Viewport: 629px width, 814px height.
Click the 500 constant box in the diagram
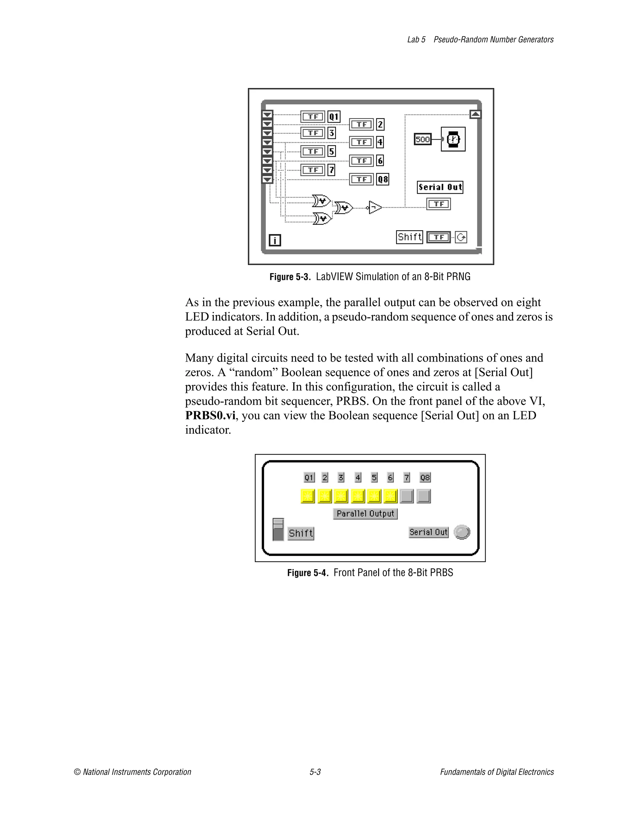pyautogui.click(x=422, y=139)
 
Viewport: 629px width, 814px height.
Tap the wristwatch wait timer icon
pyautogui.click(x=453, y=139)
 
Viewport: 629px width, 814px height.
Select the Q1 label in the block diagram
pyautogui.click(x=334, y=117)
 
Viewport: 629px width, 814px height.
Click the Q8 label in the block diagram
pyautogui.click(x=382, y=179)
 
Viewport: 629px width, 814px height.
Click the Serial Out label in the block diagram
pyautogui.click(x=440, y=187)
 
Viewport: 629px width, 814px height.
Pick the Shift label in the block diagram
pyautogui.click(x=409, y=237)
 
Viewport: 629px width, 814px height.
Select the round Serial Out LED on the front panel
pyautogui.click(x=462, y=532)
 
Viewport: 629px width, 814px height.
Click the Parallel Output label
pyautogui.click(x=365, y=514)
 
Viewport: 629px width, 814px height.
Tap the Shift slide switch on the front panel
pyautogui.click(x=278, y=529)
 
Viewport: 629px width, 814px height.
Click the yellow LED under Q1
pyautogui.click(x=308, y=496)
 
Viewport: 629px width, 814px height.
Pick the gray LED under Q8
pyautogui.click(x=424, y=496)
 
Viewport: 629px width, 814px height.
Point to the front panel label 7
pyautogui.click(x=407, y=477)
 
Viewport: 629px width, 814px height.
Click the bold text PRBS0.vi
pyautogui.click(x=210, y=415)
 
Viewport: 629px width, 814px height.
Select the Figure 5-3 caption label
pyautogui.click(x=290, y=277)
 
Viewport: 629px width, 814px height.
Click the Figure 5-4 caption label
pyautogui.click(x=307, y=573)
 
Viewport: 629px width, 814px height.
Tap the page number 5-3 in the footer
pyautogui.click(x=315, y=772)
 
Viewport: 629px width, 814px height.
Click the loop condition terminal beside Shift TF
pyautogui.click(x=461, y=237)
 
